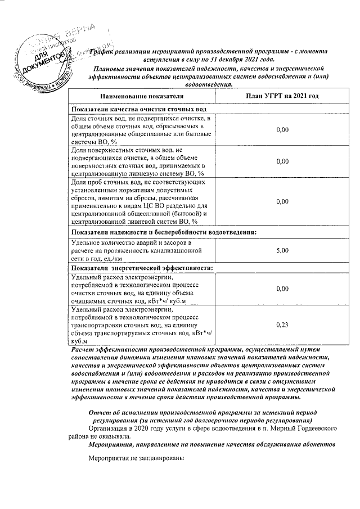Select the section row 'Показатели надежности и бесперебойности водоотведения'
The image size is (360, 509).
click(164, 232)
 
